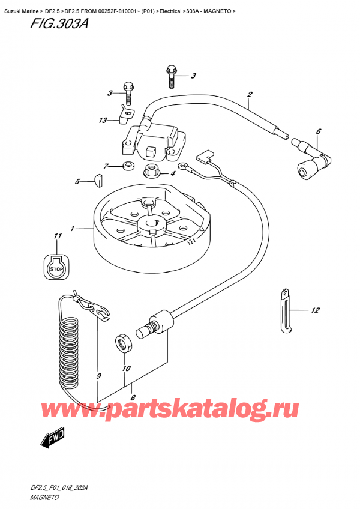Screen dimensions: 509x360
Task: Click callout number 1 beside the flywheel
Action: pyautogui.click(x=73, y=229)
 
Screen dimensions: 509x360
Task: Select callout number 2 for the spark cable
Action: pyautogui.click(x=249, y=94)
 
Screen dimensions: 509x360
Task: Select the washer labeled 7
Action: pyautogui.click(x=127, y=166)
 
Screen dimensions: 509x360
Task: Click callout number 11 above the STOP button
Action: pyautogui.click(x=57, y=236)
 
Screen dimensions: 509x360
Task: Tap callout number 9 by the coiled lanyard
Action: pyautogui.click(x=99, y=376)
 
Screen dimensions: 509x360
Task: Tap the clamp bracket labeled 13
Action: pyautogui.click(x=126, y=114)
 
